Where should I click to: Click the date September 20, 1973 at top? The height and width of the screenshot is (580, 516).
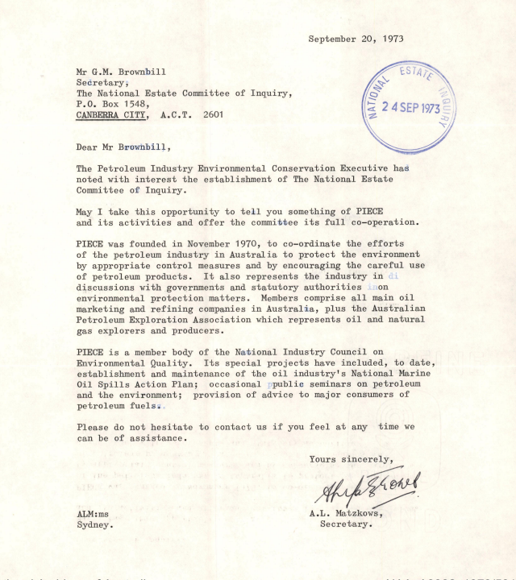pos(356,38)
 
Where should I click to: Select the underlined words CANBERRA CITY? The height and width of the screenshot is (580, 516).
pos(111,115)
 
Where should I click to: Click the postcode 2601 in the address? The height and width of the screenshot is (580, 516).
pos(212,115)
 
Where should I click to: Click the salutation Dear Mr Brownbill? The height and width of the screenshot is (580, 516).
pos(123,147)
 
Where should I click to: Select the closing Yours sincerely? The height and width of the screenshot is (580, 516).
pos(352,459)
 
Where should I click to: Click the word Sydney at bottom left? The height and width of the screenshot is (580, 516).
pos(94,524)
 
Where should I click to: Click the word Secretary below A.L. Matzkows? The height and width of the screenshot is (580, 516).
pos(346,524)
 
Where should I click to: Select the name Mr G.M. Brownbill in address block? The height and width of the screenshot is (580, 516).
pos(121,71)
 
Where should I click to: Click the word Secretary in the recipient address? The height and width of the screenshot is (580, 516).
pos(102,82)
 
